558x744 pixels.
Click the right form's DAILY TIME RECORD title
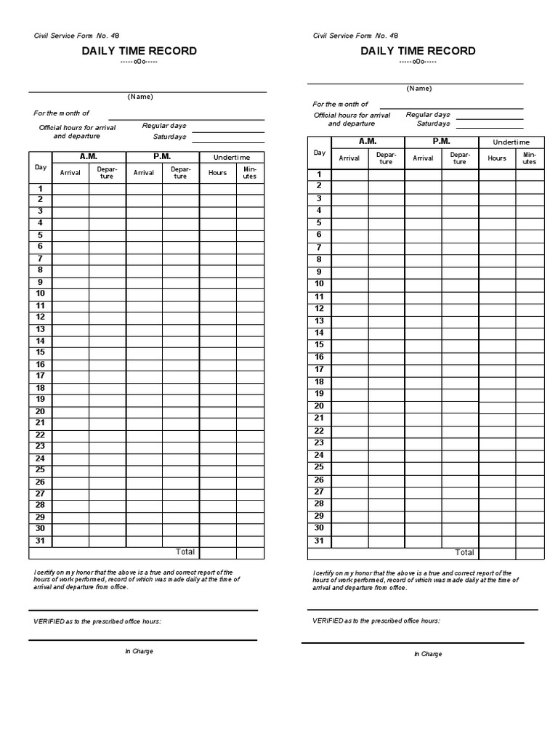pos(418,51)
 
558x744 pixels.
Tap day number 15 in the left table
pos(41,352)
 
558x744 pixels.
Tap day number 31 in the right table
pos(319,541)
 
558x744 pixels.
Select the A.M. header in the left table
pos(89,156)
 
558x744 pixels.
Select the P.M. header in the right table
pos(441,141)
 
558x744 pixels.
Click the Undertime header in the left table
pos(232,157)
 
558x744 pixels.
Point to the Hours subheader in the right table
pos(497,158)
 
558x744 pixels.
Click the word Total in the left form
pos(185,552)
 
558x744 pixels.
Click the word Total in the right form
pos(464,552)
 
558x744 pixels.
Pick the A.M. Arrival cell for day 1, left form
pos(70,188)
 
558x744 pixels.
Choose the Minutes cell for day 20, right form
pos(529,406)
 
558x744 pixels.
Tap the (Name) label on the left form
pos(140,97)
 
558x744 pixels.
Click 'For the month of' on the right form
pos(341,105)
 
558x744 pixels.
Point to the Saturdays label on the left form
pos(169,137)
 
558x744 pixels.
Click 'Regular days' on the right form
pos(428,115)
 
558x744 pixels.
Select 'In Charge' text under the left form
pos(139,651)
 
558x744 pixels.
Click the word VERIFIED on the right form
pos(327,620)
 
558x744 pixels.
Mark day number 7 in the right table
pos(319,247)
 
